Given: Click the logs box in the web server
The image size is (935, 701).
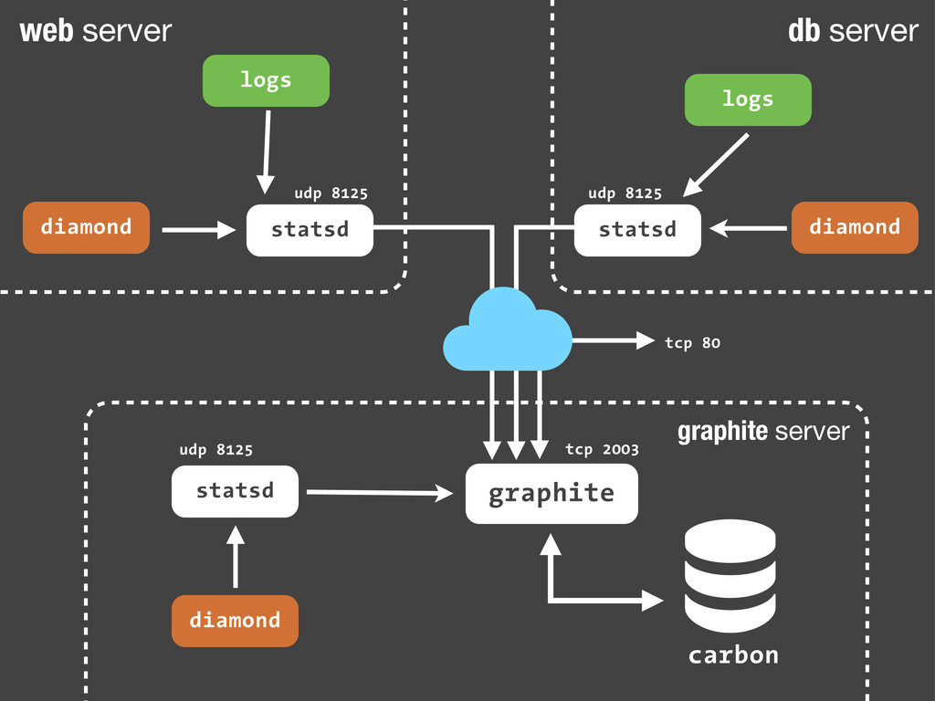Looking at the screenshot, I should tap(265, 80).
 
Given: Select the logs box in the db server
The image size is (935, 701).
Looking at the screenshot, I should tap(748, 99).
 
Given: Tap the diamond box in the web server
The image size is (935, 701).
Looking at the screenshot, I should tap(87, 227).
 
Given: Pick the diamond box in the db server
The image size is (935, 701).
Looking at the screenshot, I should tap(855, 227).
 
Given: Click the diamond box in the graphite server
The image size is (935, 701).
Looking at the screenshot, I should tap(235, 621).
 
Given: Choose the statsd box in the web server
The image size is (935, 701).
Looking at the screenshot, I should tap(310, 230).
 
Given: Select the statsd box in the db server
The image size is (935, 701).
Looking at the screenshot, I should tap(637, 230).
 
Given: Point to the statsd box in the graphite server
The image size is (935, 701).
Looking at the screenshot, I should tap(235, 491).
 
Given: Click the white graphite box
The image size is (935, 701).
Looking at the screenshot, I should tap(552, 494).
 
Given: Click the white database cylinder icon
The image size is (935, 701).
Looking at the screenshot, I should tap(730, 576).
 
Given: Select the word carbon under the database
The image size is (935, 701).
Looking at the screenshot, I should tap(733, 655).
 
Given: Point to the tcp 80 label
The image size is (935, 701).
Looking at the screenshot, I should tap(692, 343).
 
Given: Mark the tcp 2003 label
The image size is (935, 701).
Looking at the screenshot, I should tap(602, 449).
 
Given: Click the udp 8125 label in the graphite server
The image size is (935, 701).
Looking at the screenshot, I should tap(215, 450).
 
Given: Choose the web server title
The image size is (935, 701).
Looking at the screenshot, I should tap(95, 31).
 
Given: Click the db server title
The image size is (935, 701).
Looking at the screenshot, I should tap(853, 31).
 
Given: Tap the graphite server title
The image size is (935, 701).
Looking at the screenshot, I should tap(763, 432).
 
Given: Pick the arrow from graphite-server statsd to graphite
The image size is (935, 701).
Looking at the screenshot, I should tap(380, 493).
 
